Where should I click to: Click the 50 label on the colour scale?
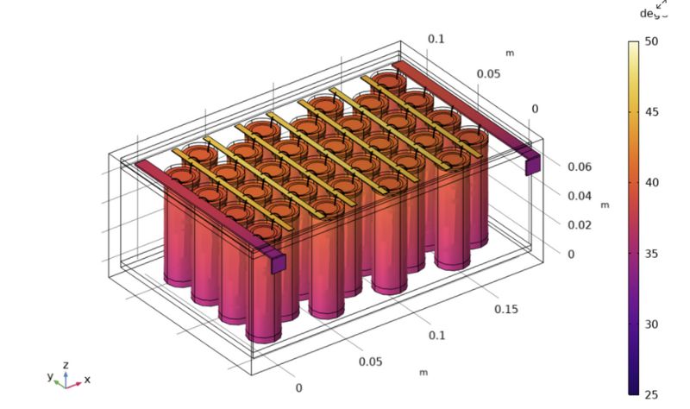[x=651, y=41]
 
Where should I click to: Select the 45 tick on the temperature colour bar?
[x=651, y=111]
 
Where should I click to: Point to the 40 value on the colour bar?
[x=651, y=182]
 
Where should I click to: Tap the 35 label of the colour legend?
[x=651, y=254]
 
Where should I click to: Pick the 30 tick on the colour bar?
[x=651, y=324]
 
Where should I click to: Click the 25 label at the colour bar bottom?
[x=651, y=394]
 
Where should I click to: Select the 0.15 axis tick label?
[x=507, y=309]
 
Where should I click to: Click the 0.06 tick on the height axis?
[x=579, y=167]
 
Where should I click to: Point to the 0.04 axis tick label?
[x=579, y=196]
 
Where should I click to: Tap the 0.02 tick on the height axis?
[x=579, y=225]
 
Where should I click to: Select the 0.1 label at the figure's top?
[x=436, y=39]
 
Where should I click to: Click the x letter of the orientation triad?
[x=87, y=380]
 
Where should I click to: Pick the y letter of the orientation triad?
[x=50, y=376]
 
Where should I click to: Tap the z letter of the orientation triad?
[x=66, y=365]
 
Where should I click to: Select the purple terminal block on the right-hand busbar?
[x=533, y=163]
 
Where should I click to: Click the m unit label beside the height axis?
[x=605, y=204]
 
